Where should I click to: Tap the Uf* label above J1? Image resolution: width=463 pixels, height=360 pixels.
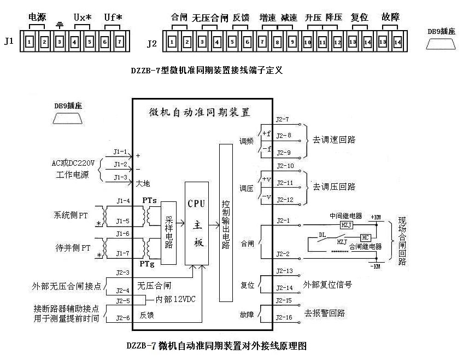point(113,18)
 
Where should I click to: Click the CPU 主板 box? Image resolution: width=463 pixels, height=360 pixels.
point(197,223)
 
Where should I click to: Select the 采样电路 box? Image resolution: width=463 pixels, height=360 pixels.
point(168,233)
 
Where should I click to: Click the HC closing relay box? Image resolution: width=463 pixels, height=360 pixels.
point(365,237)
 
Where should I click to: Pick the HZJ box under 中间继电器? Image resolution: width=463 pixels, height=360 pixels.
point(346,225)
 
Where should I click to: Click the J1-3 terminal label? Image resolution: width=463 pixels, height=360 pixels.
point(120,177)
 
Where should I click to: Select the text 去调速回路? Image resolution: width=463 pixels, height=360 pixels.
point(334,140)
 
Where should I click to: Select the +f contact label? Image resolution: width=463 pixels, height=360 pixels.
point(266,132)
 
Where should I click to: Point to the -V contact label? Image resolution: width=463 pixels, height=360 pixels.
point(266,196)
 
